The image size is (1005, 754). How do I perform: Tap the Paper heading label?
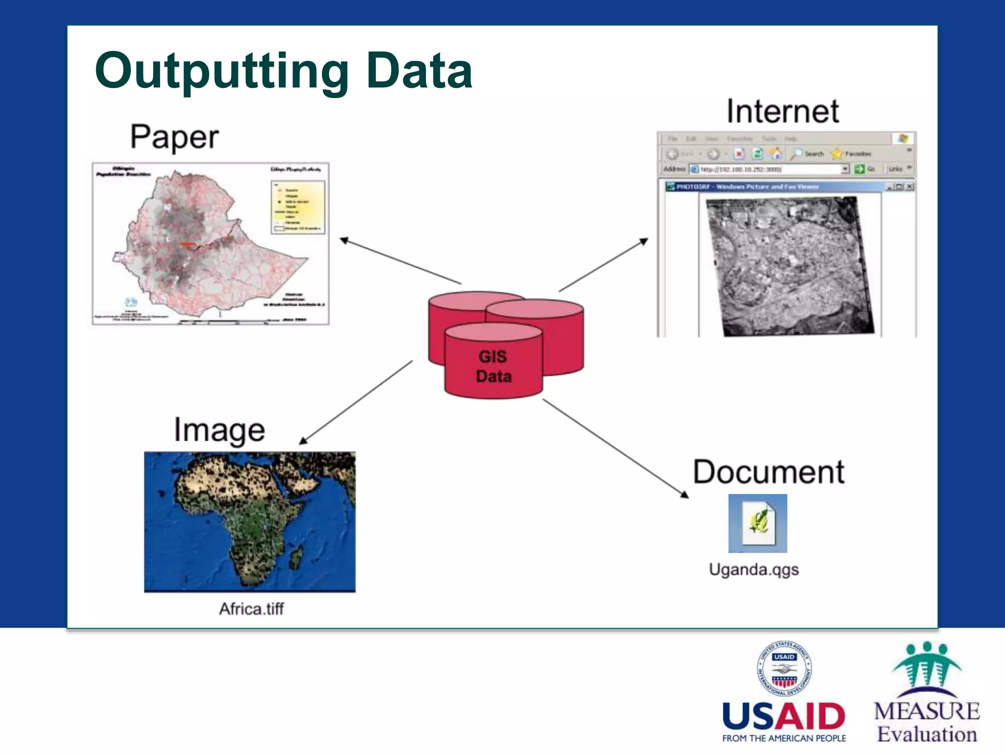pyautogui.click(x=174, y=137)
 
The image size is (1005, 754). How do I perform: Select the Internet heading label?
pyautogui.click(x=783, y=111)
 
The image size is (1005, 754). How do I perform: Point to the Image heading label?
pyautogui.click(x=219, y=431)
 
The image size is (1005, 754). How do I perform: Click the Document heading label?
pyautogui.click(x=768, y=472)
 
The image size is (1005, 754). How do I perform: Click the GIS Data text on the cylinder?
pyautogui.click(x=494, y=366)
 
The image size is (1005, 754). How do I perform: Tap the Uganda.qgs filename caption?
pyautogui.click(x=754, y=569)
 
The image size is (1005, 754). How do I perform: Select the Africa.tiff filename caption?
pyautogui.click(x=251, y=609)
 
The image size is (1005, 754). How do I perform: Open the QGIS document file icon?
pyautogui.click(x=758, y=523)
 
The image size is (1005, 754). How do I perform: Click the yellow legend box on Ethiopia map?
pyautogui.click(x=298, y=207)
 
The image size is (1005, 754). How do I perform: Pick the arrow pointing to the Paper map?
pyautogui.click(x=400, y=261)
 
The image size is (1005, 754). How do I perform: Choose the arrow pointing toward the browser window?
pyautogui.click(x=604, y=265)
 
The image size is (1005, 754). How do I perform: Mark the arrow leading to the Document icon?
pyautogui.click(x=615, y=448)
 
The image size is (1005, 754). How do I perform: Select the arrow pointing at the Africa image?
pyautogui.click(x=356, y=403)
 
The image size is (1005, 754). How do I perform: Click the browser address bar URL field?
pyautogui.click(x=770, y=169)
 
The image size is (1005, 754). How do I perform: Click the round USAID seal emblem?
pyautogui.click(x=784, y=669)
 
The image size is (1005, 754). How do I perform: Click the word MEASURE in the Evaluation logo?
pyautogui.click(x=926, y=711)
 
